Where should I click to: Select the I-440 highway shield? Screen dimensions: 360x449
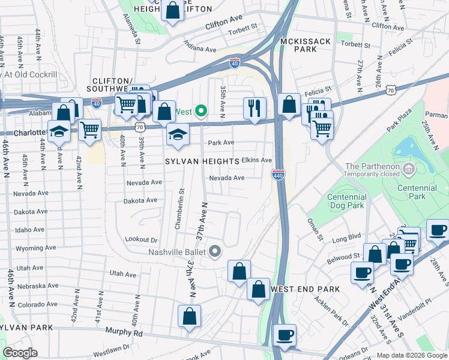click(281, 174)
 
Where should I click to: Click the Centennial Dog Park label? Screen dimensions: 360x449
click(347, 201)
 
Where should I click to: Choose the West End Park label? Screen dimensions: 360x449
click(306, 289)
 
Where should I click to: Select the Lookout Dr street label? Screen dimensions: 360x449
click(142, 239)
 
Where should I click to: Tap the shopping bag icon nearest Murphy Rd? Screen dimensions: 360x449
click(189, 316)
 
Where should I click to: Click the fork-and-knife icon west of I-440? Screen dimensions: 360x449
click(255, 108)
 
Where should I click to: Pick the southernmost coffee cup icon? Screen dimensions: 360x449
click(285, 335)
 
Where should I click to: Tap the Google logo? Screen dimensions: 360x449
click(20, 353)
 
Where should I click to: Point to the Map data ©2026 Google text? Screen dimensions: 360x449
click(412, 355)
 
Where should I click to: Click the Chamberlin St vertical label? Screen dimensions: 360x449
click(179, 208)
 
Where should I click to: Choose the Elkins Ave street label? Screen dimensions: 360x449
click(256, 161)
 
